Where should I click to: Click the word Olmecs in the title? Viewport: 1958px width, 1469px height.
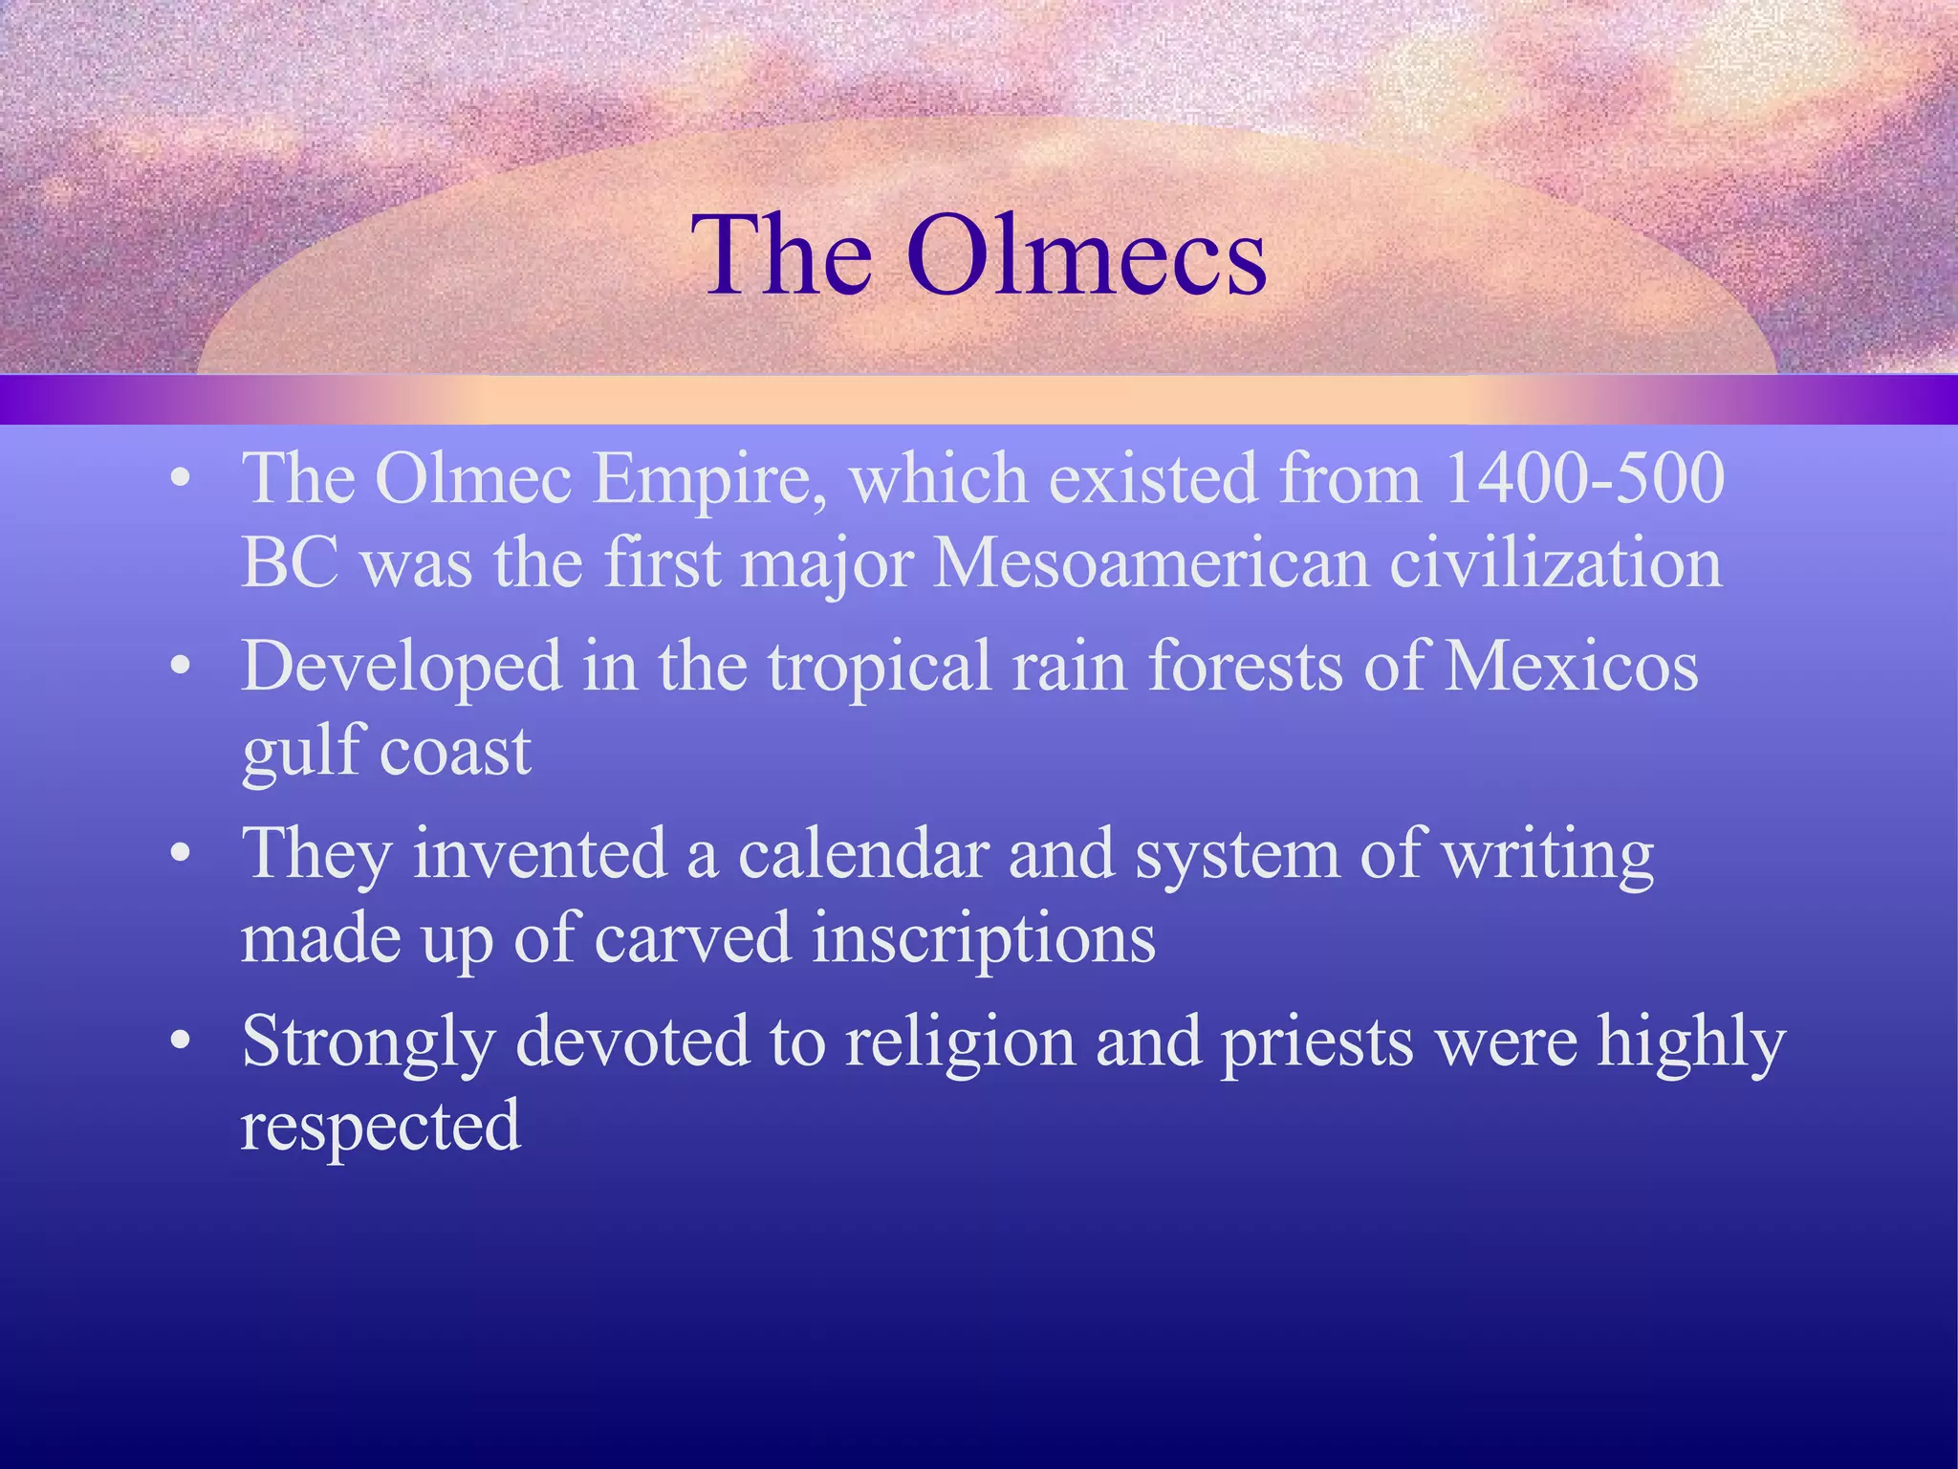pos(1087,255)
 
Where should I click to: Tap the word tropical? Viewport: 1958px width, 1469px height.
pos(880,667)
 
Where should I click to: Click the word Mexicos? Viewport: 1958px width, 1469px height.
pos(1571,666)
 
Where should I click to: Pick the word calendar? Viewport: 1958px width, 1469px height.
pos(863,853)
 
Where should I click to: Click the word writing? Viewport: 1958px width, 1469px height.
pos(1548,855)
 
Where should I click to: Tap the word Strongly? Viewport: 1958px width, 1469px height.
pos(368,1043)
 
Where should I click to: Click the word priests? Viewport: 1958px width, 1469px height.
pos(1317,1042)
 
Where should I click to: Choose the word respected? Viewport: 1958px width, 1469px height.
pos(381,1128)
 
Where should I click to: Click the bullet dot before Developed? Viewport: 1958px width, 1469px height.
pos(181,668)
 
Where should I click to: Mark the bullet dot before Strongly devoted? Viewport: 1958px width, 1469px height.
pos(181,1042)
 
